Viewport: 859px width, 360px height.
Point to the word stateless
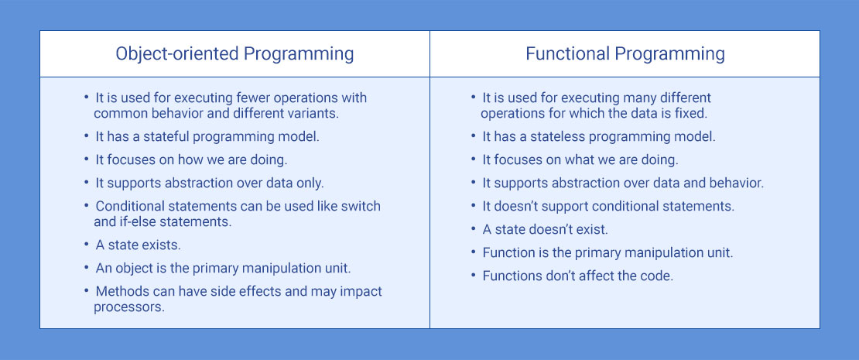[x=550, y=136]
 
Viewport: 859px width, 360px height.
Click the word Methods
[x=121, y=292]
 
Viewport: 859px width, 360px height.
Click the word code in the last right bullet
[x=657, y=276]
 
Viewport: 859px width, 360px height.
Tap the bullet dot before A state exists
[x=87, y=245]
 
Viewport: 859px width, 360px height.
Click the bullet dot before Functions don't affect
[x=474, y=276]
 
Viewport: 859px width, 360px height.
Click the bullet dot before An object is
[x=87, y=269]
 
